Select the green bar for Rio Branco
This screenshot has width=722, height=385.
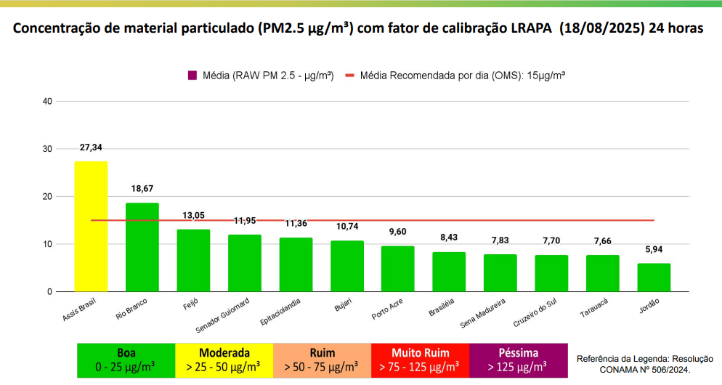[x=142, y=247]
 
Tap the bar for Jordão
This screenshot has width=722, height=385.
[x=654, y=277]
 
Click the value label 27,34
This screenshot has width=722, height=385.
[x=91, y=147]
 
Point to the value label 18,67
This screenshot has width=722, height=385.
[x=142, y=189]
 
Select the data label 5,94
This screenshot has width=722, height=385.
[x=654, y=249]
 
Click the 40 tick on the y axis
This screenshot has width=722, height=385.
[x=47, y=101]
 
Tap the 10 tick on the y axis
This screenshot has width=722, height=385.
[x=47, y=244]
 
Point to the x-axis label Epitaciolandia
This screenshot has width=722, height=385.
[x=278, y=311]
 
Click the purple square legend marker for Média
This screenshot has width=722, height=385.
[x=192, y=76]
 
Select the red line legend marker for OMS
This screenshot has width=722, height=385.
[x=350, y=76]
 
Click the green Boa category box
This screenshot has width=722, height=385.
[x=126, y=360]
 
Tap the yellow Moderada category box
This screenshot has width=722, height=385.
[x=224, y=360]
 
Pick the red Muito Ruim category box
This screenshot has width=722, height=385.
[x=419, y=360]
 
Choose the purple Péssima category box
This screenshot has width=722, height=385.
[x=517, y=360]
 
